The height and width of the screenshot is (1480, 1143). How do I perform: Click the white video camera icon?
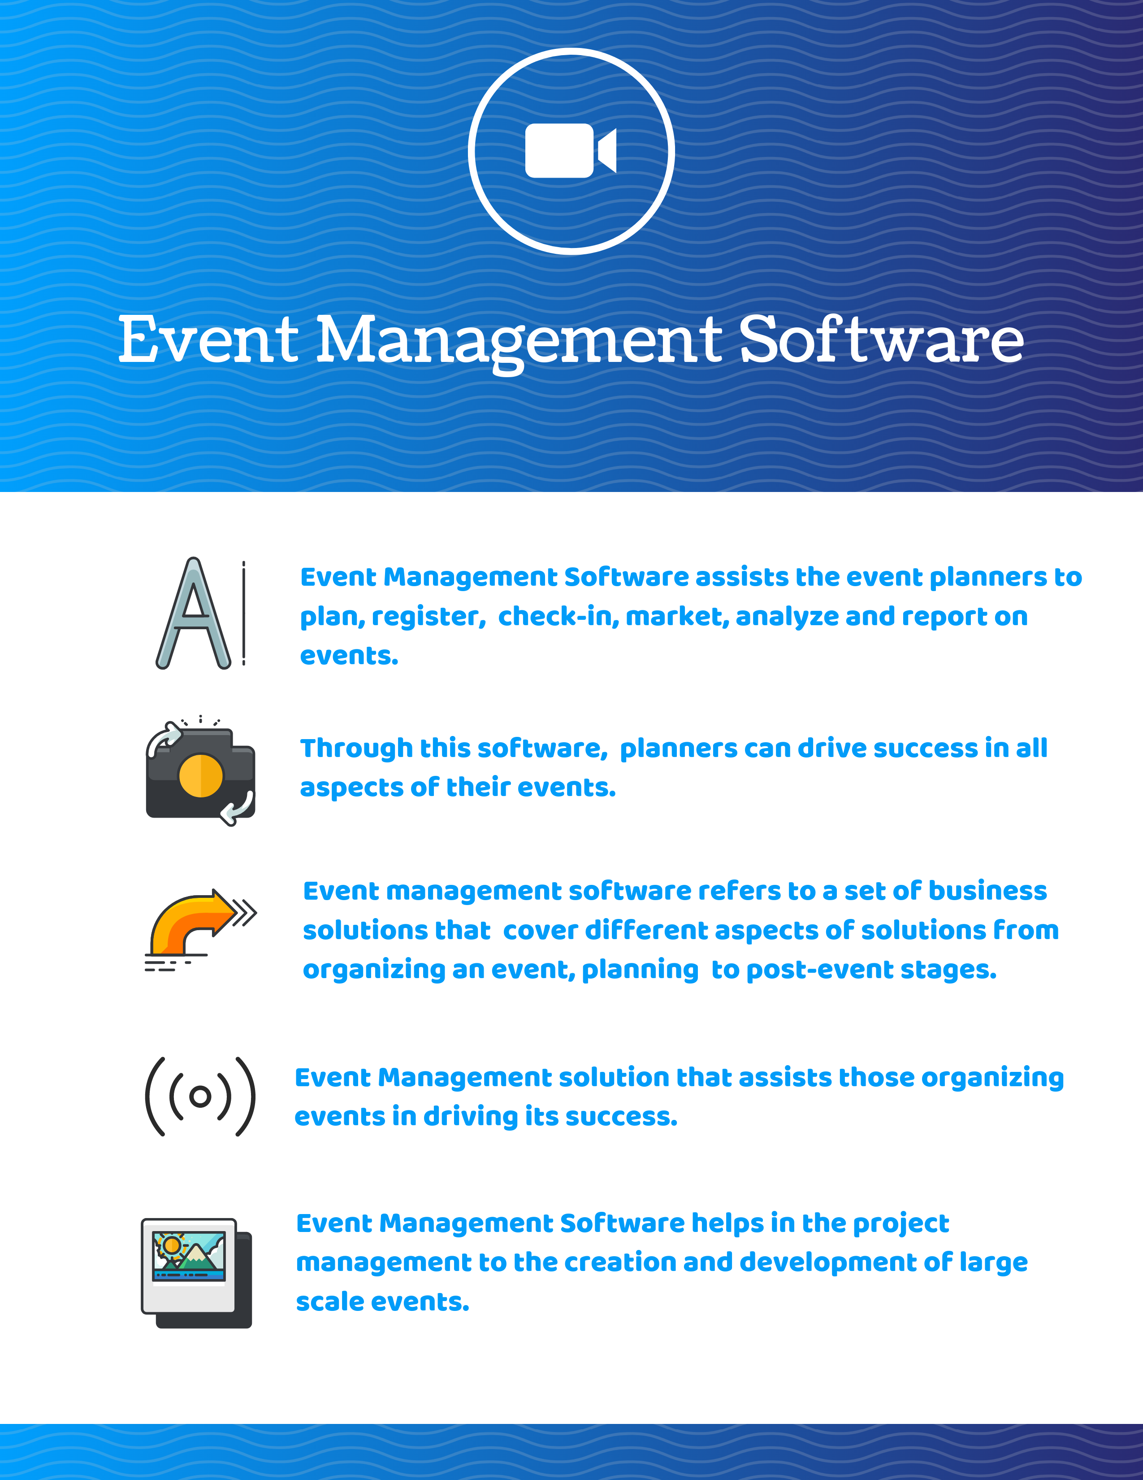pos(570,150)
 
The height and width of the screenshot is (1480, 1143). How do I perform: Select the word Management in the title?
pos(519,340)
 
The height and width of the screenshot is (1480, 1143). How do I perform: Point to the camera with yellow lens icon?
pos(200,773)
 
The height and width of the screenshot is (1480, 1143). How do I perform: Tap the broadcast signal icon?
pos(200,1096)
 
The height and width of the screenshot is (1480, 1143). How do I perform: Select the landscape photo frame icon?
pos(196,1271)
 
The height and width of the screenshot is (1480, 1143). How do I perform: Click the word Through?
pos(356,748)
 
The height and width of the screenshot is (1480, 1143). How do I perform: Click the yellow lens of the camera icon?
pos(200,775)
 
